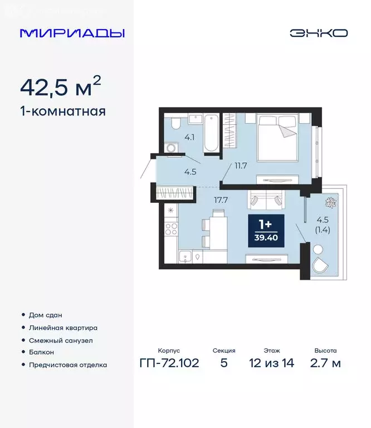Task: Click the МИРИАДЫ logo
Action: pos(72,33)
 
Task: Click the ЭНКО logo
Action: pos(318,33)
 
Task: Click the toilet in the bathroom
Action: pos(175,124)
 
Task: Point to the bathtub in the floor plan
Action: pos(211,133)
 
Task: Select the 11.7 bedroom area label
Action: pos(241,165)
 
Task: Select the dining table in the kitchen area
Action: pos(217,229)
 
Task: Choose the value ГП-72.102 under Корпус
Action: pos(168,364)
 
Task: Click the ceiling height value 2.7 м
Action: pos(325,364)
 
